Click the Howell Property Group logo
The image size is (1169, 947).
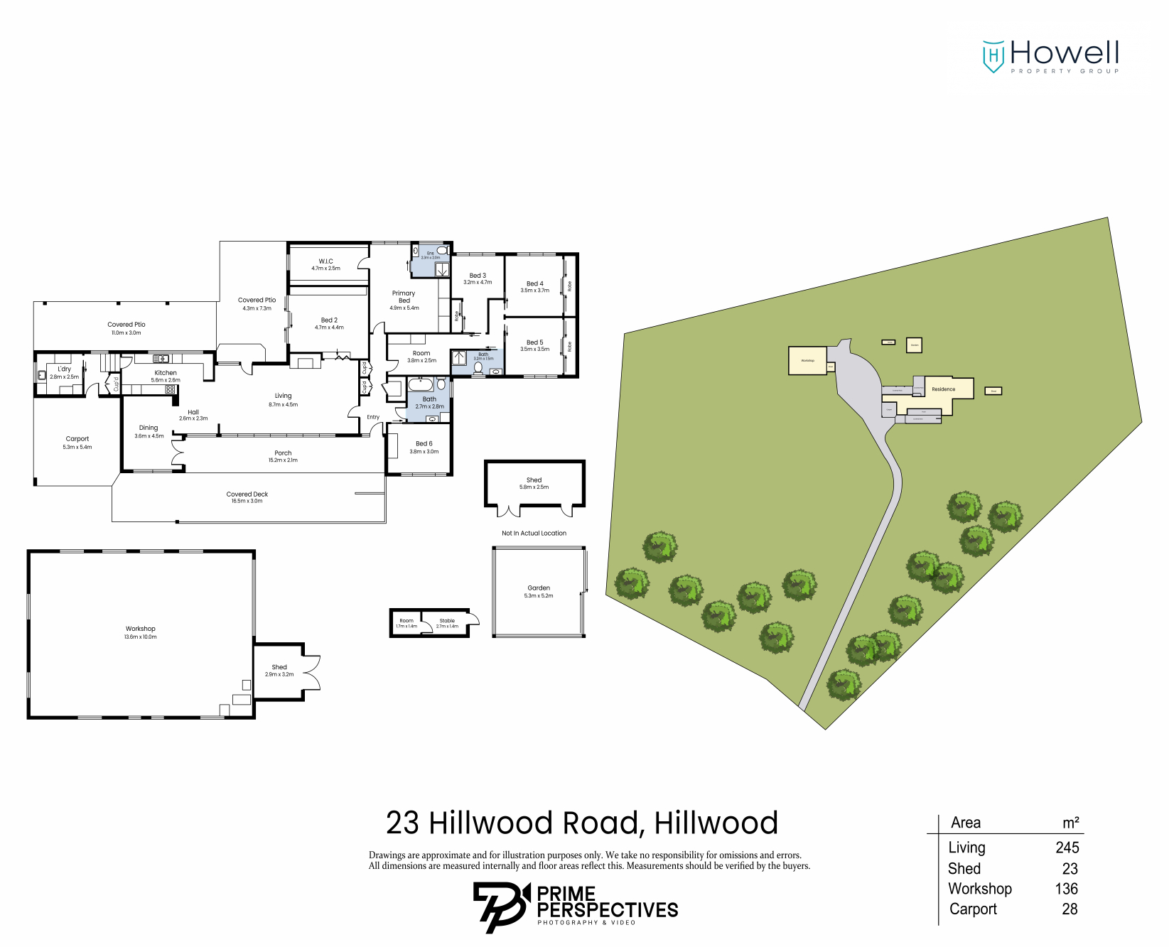point(1050,55)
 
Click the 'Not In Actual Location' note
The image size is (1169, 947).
point(534,533)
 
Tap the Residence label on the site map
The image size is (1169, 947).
point(943,389)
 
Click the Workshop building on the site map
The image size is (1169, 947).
point(807,360)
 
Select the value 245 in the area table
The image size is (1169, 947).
point(1067,848)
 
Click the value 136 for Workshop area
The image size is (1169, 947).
point(1066,889)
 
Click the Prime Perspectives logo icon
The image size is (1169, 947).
point(501,906)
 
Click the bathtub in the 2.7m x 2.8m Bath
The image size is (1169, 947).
point(421,385)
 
